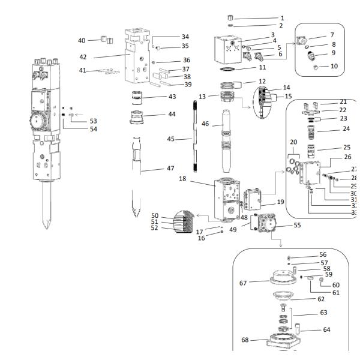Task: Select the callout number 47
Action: pyautogui.click(x=171, y=169)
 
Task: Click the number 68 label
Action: pyautogui.click(x=245, y=341)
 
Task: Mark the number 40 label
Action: pyautogui.click(x=82, y=40)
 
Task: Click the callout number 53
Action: pyautogui.click(x=94, y=121)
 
